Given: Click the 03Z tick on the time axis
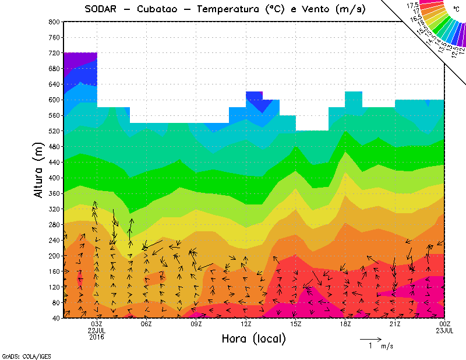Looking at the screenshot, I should pos(97,324).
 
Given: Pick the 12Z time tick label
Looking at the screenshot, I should pos(246,324).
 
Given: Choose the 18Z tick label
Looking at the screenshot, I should pos(345,324).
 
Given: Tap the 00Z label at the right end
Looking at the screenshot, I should pos(445,324).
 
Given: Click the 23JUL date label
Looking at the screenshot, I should pos(445,330).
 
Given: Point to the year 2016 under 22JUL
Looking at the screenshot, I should pos(97,337).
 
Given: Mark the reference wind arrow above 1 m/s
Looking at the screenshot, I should pos(370,338).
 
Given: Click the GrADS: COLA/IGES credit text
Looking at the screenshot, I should pos(22,355).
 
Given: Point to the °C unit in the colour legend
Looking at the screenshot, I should pos(456,9).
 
